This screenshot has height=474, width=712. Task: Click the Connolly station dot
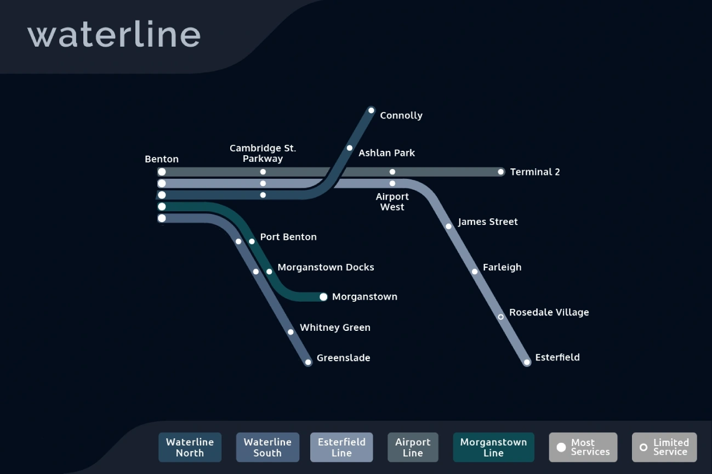tap(371, 110)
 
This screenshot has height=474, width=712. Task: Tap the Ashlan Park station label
tap(386, 153)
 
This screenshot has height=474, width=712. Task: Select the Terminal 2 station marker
tap(500, 172)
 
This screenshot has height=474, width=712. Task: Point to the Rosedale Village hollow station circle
tap(500, 317)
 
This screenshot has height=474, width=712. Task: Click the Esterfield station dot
tap(527, 362)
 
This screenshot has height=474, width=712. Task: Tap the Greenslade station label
tap(343, 358)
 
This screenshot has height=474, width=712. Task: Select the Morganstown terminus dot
tap(323, 297)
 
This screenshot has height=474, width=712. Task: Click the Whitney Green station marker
tap(291, 332)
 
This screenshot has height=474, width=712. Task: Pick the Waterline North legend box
tap(190, 447)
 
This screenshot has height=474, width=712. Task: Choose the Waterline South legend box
tap(267, 447)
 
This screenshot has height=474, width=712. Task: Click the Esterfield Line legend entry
tap(341, 447)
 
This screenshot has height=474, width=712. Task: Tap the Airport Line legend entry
tap(413, 447)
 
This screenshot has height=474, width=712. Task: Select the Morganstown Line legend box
tap(493, 447)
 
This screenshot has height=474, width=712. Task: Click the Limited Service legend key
tap(664, 447)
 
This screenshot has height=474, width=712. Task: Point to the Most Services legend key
tap(583, 447)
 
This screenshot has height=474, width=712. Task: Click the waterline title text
tap(114, 35)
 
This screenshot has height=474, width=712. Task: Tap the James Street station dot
tap(448, 226)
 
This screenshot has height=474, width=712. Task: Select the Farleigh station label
tap(502, 267)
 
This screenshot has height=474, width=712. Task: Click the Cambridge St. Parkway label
tap(263, 153)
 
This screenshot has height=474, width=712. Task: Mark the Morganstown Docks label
tap(326, 267)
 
